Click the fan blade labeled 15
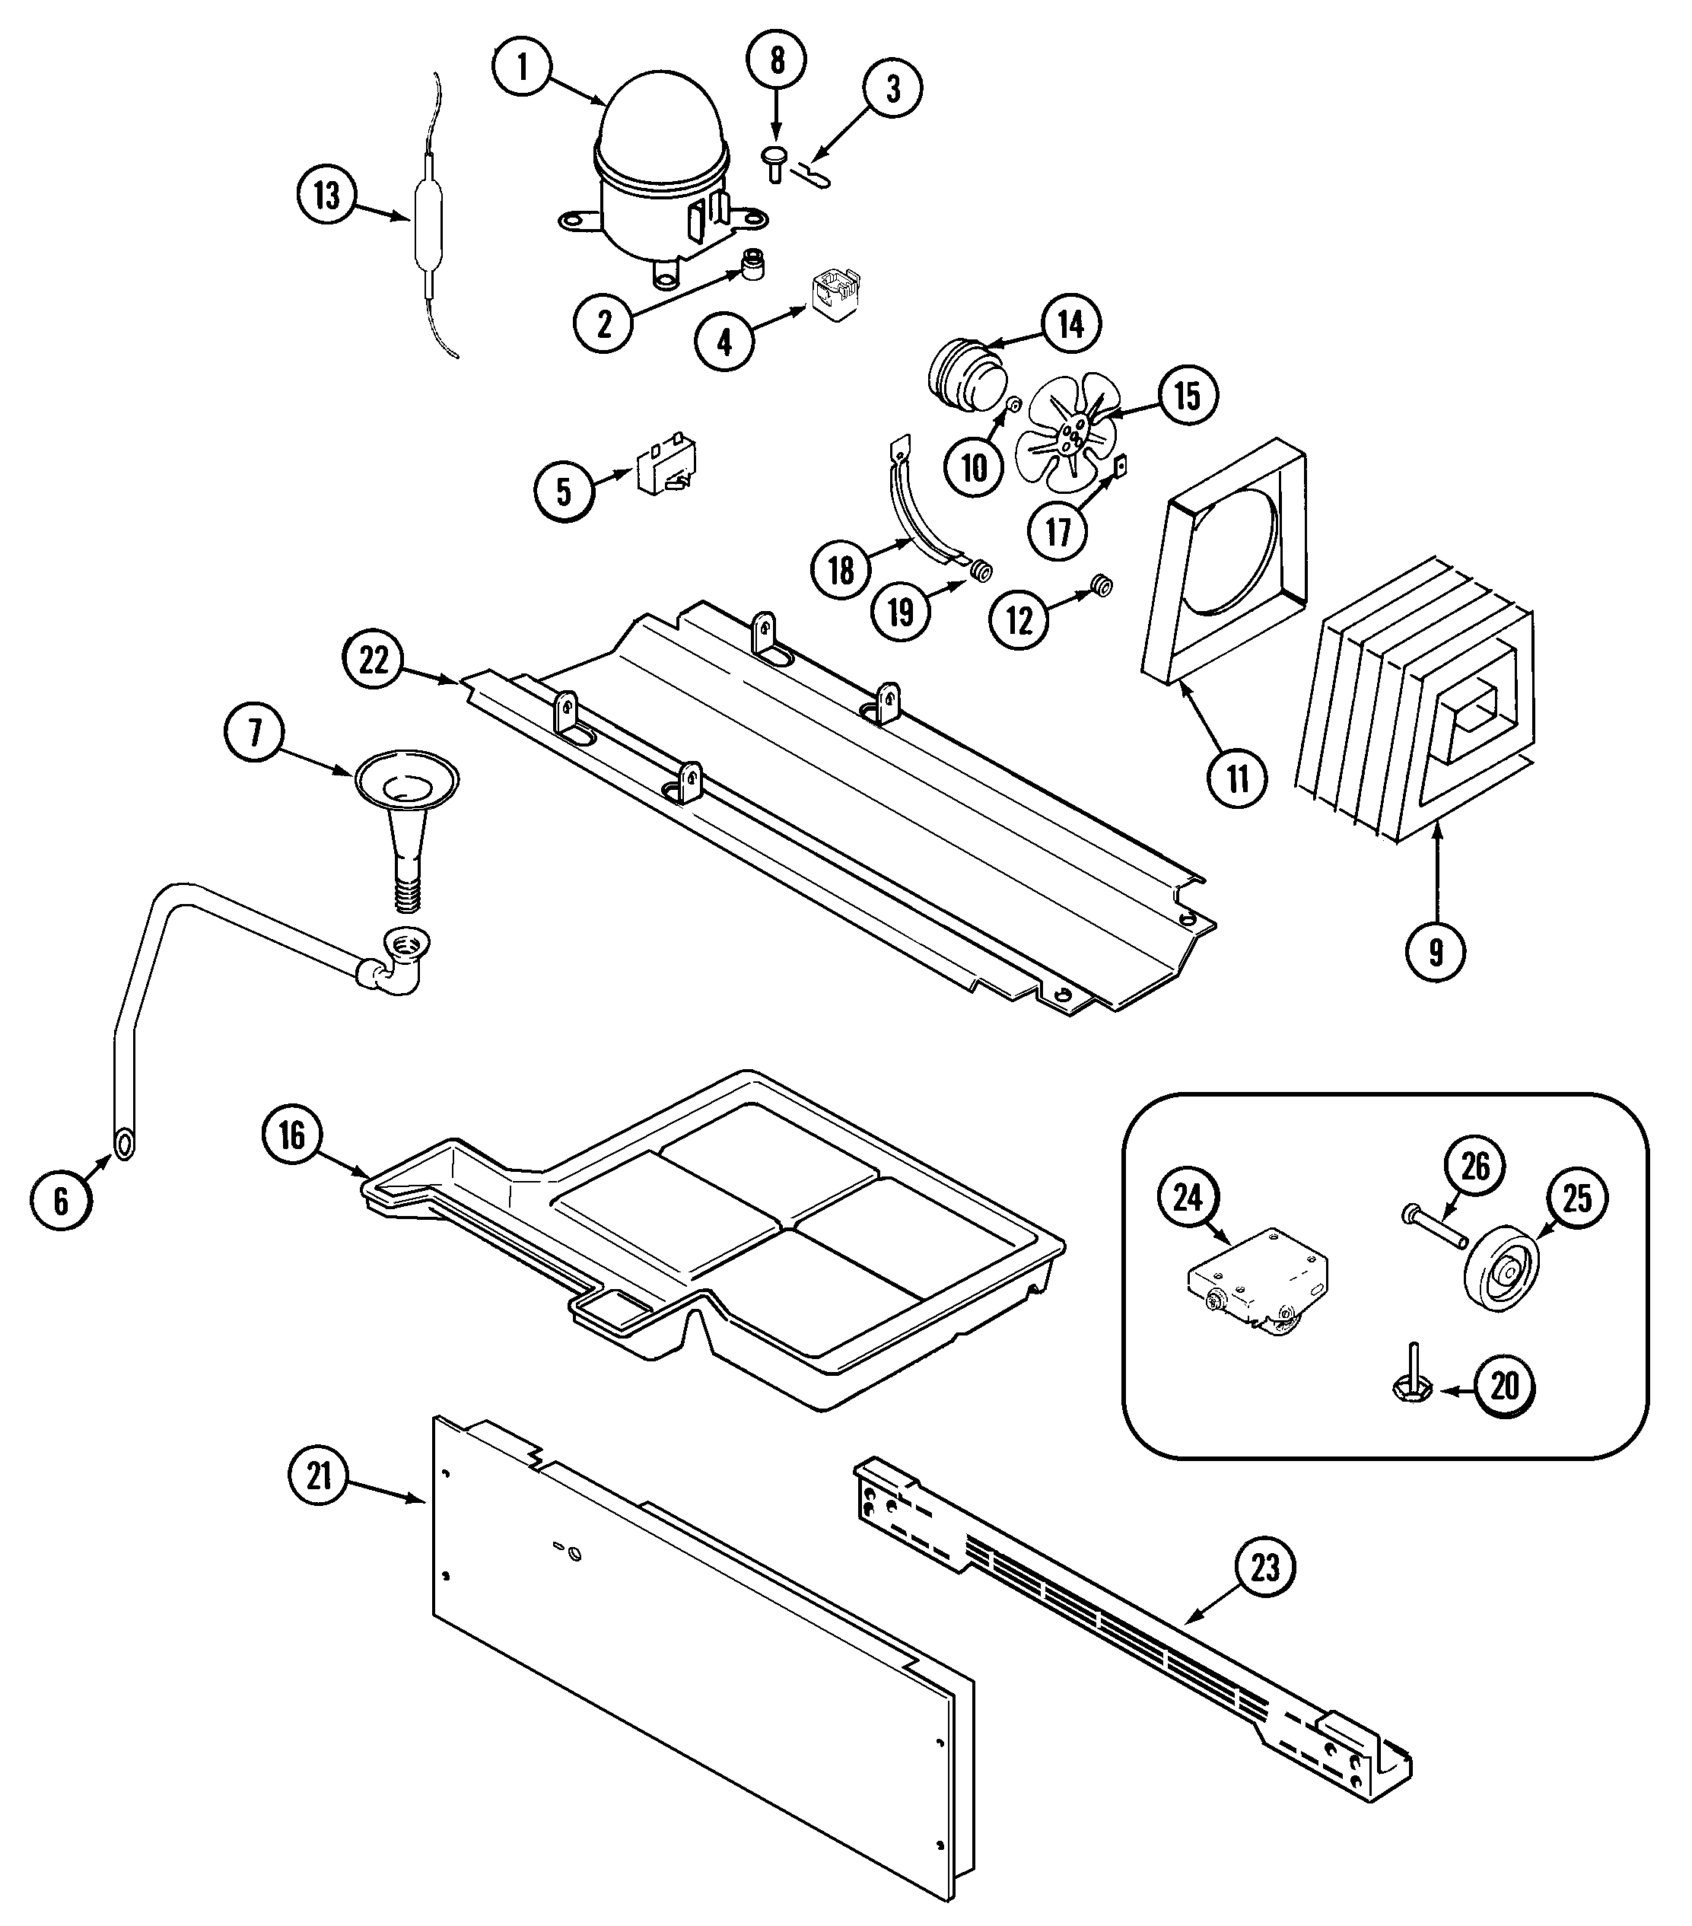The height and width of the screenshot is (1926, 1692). point(1068,428)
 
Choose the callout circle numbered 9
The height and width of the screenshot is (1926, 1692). point(1435,952)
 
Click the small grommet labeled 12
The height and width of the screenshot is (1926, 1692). point(1099,585)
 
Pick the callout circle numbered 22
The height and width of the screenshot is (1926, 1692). point(373,660)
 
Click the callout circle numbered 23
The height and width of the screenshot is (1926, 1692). point(1265,1568)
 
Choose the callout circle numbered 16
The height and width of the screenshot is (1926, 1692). point(292,1135)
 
